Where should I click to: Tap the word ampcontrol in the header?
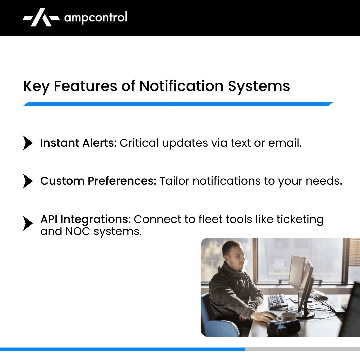(x=95, y=17)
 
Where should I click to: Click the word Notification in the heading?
(x=181, y=86)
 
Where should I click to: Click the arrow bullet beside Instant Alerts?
(x=28, y=143)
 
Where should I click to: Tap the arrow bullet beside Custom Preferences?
(x=28, y=181)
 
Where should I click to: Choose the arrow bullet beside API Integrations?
(x=28, y=223)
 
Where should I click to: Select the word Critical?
(x=139, y=143)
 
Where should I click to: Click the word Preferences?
(x=121, y=181)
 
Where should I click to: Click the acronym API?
(x=49, y=219)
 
